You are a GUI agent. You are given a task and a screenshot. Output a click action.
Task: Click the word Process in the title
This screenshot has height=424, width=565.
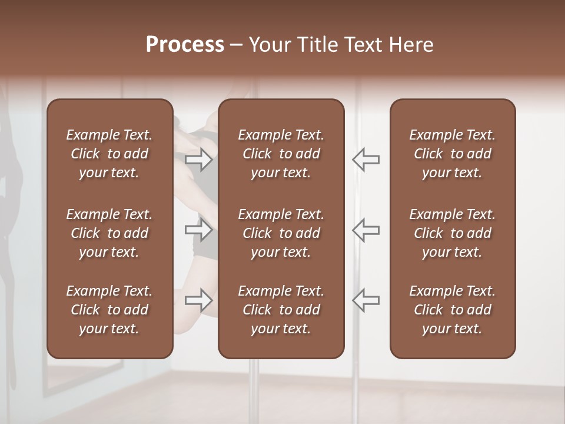pos(185,45)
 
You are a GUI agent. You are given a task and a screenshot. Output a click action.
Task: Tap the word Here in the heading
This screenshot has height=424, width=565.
pos(411,45)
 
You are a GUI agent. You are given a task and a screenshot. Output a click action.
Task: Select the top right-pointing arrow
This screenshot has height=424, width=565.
pos(199,160)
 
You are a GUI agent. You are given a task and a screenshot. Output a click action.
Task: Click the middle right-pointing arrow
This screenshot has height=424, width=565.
pos(199,230)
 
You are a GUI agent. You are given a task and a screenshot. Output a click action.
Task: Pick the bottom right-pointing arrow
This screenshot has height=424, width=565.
pos(199,300)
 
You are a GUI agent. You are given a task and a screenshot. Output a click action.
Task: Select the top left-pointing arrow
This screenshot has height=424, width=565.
pos(366,160)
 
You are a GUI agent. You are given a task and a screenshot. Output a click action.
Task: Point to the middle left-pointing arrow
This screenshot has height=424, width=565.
pos(366,230)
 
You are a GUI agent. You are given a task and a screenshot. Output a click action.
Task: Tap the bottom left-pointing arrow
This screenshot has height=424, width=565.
pos(366,300)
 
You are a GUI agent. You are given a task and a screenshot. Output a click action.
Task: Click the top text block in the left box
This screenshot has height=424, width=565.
pos(109,154)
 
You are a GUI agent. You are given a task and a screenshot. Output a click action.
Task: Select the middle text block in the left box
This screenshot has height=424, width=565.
pos(109,233)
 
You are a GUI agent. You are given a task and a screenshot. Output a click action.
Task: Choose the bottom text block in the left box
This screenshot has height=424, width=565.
pos(109,310)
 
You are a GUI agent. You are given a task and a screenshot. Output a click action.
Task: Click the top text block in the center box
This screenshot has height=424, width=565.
pos(281,154)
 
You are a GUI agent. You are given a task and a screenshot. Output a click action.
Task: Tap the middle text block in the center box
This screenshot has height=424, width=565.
pos(281,233)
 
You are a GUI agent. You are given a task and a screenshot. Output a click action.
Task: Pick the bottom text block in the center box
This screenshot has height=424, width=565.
pos(281,310)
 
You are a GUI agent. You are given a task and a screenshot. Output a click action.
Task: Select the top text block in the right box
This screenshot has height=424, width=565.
pos(453,154)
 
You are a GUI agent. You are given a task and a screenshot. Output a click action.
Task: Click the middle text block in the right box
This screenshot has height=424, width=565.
pos(453,233)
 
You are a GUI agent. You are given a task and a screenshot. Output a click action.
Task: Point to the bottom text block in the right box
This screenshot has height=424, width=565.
pos(453,310)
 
